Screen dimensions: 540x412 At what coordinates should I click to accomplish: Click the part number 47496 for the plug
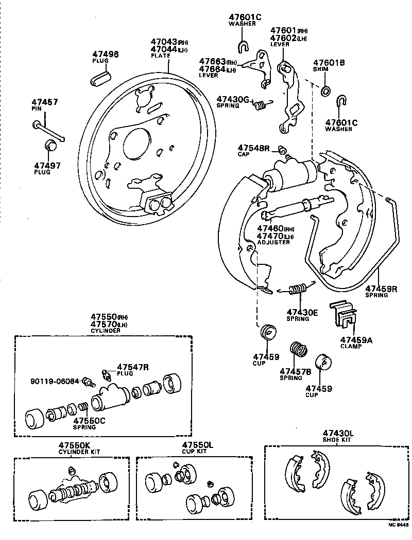pyautogui.click(x=106, y=53)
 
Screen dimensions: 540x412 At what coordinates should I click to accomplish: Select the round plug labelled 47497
pyautogui.click(x=50, y=146)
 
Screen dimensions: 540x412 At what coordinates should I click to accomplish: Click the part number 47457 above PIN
pyautogui.click(x=45, y=102)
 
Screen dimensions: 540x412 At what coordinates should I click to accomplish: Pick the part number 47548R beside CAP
pyautogui.click(x=253, y=148)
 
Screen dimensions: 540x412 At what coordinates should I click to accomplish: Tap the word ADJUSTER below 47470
pyautogui.click(x=273, y=242)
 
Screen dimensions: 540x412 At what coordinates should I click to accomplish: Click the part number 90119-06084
pyautogui.click(x=54, y=381)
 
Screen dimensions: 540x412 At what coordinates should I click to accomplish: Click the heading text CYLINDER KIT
pyautogui.click(x=79, y=452)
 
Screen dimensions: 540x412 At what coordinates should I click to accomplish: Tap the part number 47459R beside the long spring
pyautogui.click(x=381, y=289)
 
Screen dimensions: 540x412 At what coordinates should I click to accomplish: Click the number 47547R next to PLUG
pyautogui.click(x=133, y=367)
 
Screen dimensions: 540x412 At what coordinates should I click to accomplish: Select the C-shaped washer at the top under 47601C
pyautogui.click(x=243, y=48)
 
